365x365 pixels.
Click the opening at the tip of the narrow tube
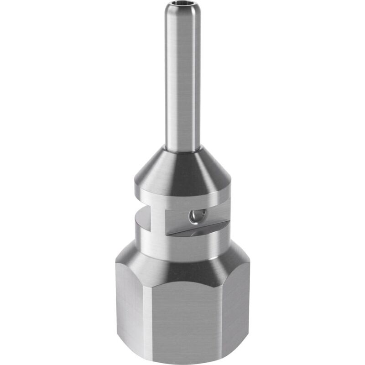(182, 7)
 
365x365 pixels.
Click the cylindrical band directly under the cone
(182, 197)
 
